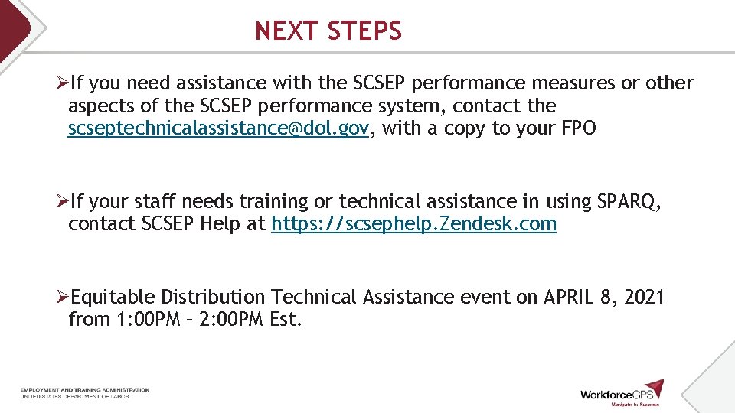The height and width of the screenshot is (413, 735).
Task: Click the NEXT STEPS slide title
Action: pos(328,31)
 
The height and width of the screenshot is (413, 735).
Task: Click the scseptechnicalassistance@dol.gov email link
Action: pos(218,128)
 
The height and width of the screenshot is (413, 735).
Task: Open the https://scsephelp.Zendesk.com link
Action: pos(413,225)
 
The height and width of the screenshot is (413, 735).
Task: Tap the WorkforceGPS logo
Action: pos(621,392)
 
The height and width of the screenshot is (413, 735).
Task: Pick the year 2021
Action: pos(644,297)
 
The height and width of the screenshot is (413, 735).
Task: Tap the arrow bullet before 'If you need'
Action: pos(64,83)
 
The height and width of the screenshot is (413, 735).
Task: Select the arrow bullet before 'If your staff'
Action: pos(64,202)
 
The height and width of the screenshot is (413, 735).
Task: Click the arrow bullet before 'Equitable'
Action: pos(64,297)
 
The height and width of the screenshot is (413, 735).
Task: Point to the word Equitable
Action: pos(113,297)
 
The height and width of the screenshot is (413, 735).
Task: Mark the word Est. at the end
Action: pos(286,320)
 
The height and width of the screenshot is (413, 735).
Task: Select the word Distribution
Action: pos(214,297)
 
